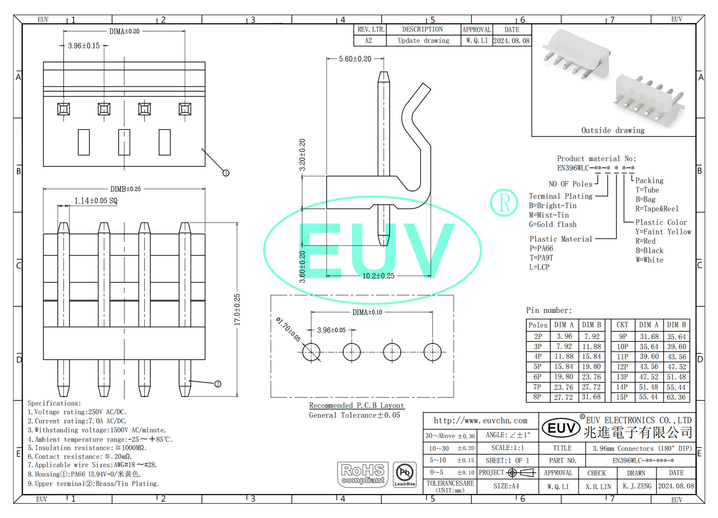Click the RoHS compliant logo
(x=363, y=474)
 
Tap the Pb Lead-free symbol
(x=405, y=474)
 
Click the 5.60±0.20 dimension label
(x=355, y=59)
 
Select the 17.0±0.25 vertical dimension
(x=237, y=310)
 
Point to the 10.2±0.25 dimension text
(x=378, y=276)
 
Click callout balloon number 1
(x=226, y=173)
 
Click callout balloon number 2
(x=218, y=384)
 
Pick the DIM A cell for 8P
(x=563, y=397)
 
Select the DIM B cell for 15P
(x=676, y=397)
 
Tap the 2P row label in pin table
(x=538, y=337)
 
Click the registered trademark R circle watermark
(x=504, y=202)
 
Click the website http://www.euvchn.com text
(x=480, y=421)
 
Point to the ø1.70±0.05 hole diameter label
(x=288, y=329)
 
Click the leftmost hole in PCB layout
(x=311, y=352)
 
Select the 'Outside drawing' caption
(x=613, y=130)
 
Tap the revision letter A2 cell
(x=368, y=41)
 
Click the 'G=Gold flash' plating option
(x=553, y=224)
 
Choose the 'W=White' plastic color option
(x=649, y=260)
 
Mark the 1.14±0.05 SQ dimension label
(x=95, y=201)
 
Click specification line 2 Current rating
(x=77, y=421)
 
